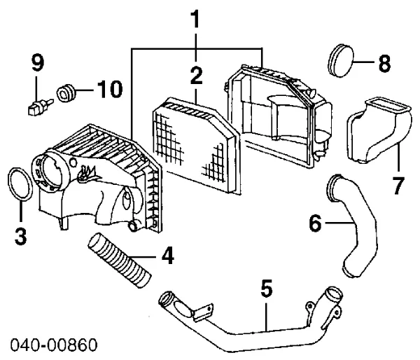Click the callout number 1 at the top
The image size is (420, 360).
pos(196,19)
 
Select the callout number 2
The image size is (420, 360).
pos(196,76)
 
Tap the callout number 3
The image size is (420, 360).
pos(20,236)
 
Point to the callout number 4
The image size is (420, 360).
pos(168,256)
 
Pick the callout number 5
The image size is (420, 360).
pos(267,289)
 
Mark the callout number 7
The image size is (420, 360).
pos(398,186)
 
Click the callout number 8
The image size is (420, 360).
pos(384,64)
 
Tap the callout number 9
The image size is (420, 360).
pos(37,63)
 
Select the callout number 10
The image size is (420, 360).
pos(110,89)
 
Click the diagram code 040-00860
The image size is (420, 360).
pos(54,345)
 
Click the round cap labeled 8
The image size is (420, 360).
pos(341,61)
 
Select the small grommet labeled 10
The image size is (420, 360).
pos(66,93)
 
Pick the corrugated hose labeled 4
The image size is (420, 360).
pos(120,260)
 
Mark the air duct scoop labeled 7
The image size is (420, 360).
pos(379,130)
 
